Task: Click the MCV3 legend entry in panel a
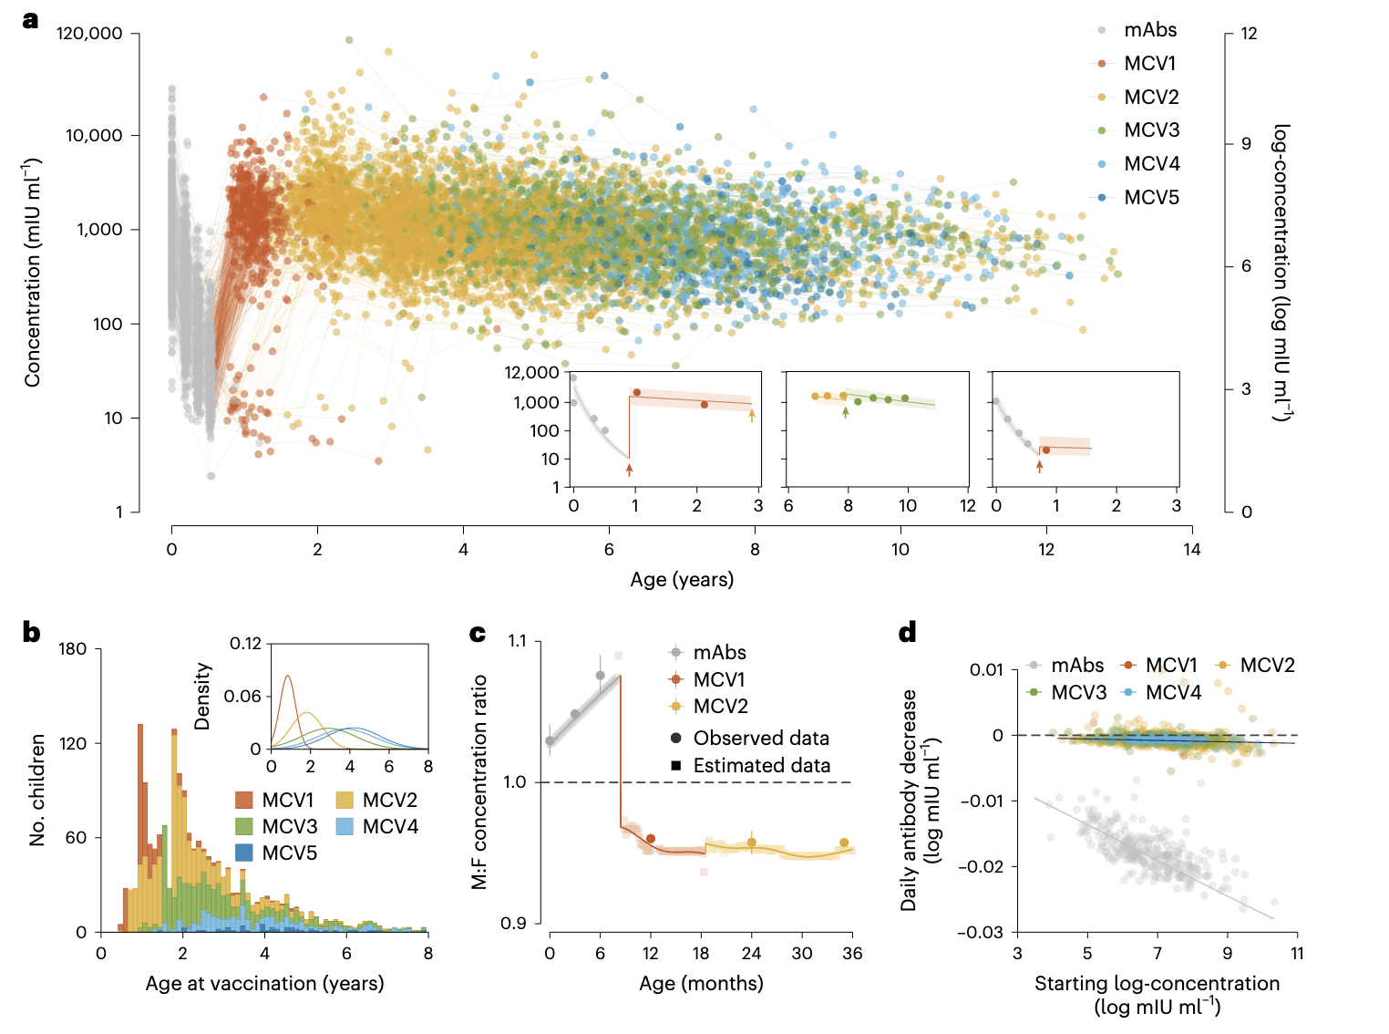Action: pos(1151,130)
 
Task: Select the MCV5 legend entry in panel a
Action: pos(1151,198)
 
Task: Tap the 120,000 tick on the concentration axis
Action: pos(89,34)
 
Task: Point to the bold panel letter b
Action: pos(31,633)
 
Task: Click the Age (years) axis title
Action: pos(682,579)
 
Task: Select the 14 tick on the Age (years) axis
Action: pos(1192,549)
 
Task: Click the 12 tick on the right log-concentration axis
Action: pos(1249,34)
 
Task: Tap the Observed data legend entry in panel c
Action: pos(761,738)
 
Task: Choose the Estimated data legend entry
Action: pos(761,765)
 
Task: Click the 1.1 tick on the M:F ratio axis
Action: pos(518,641)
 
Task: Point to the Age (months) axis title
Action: pos(701,983)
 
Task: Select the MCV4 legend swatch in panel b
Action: pos(345,827)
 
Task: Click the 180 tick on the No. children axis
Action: pos(73,649)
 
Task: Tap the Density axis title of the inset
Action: pos(202,696)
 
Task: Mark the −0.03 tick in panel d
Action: pos(980,932)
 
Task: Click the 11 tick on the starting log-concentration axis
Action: pos(1297,953)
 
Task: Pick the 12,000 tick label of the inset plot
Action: pos(531,372)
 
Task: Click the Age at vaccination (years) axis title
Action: pos(264,983)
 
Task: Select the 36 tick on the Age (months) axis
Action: pos(852,953)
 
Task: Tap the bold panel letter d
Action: pos(908,633)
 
